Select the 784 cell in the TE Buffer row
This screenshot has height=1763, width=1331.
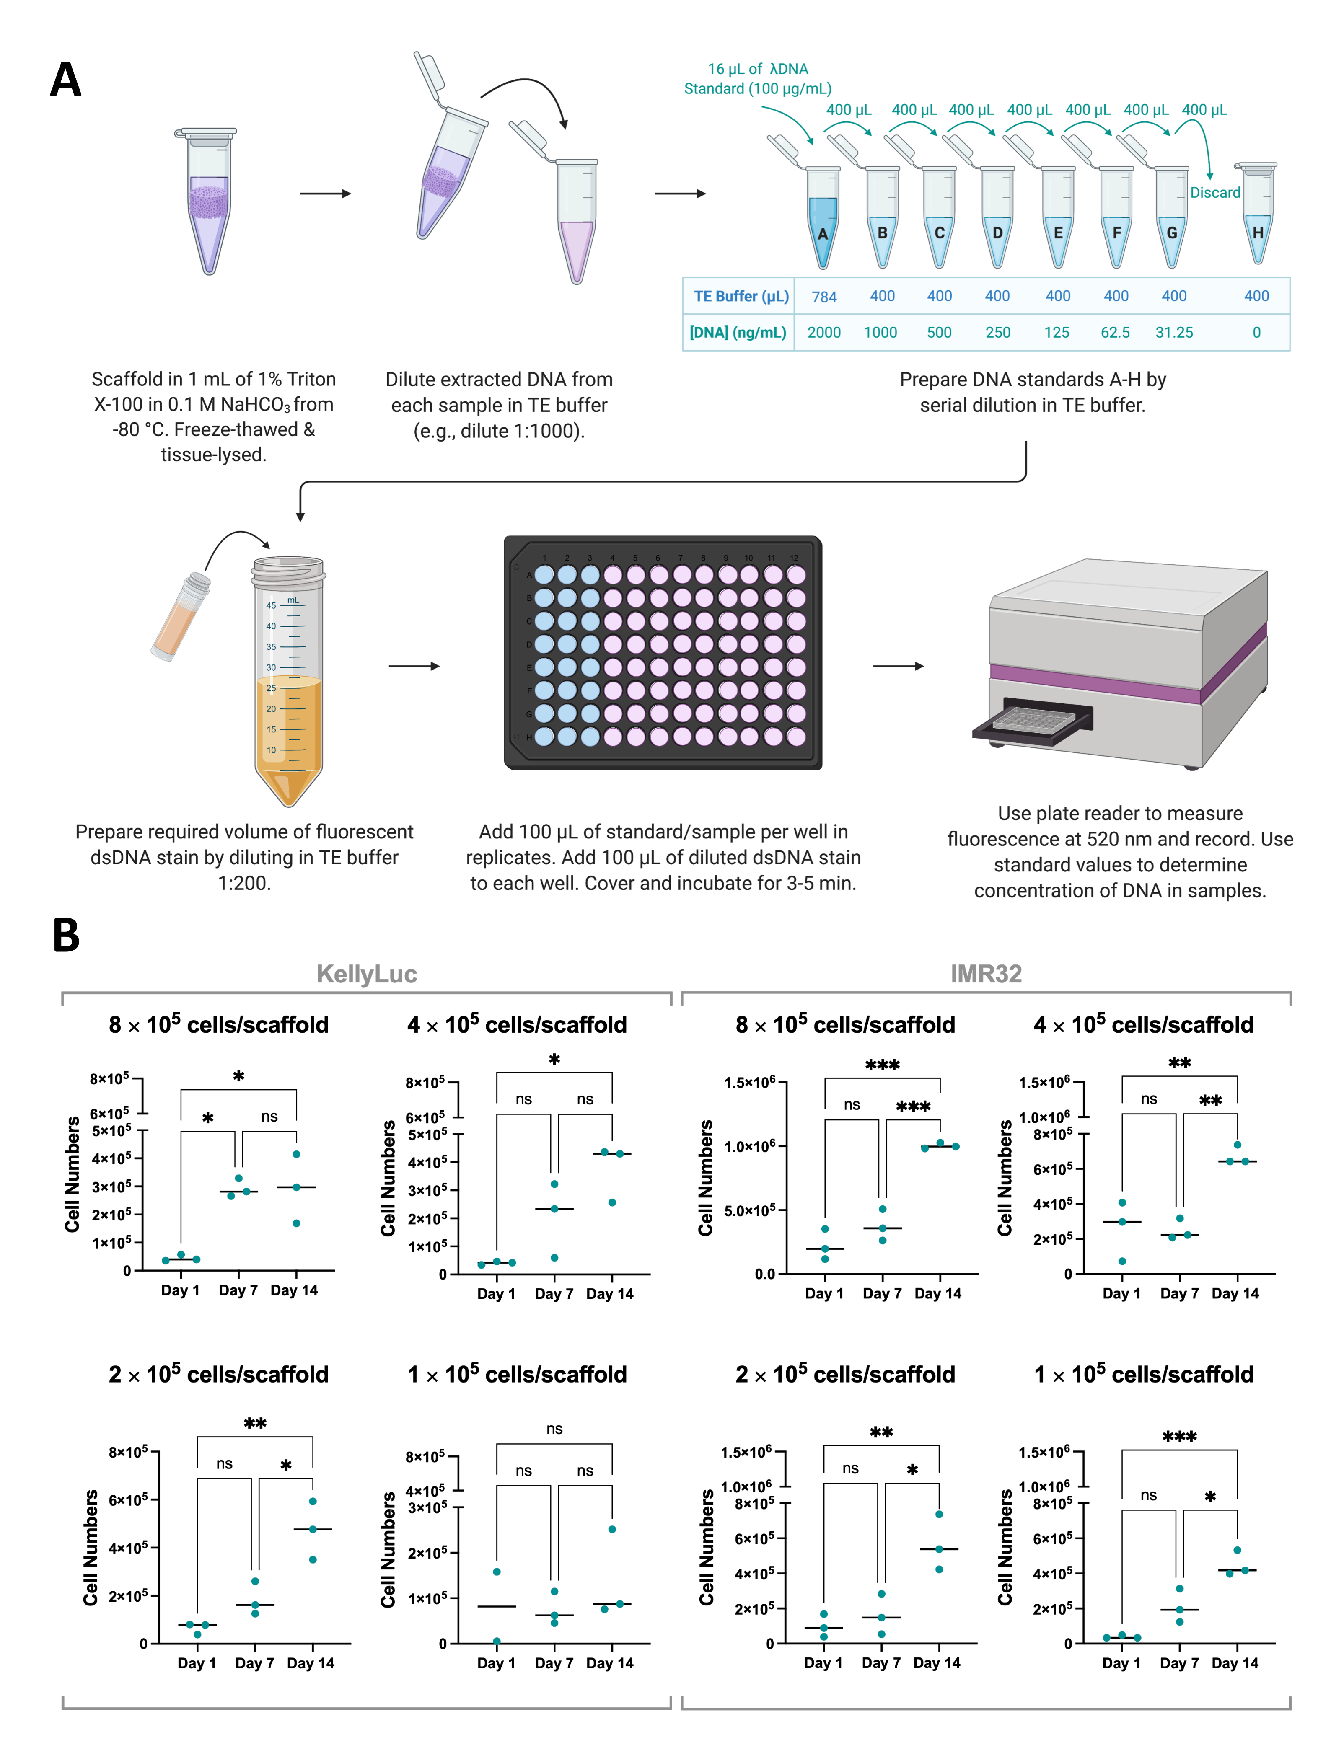click(x=823, y=297)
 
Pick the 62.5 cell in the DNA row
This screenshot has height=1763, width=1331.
click(x=1115, y=332)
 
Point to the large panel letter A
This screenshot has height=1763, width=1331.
click(x=66, y=80)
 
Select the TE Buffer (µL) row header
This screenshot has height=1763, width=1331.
click(x=741, y=297)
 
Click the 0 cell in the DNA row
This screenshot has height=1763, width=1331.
click(x=1256, y=332)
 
